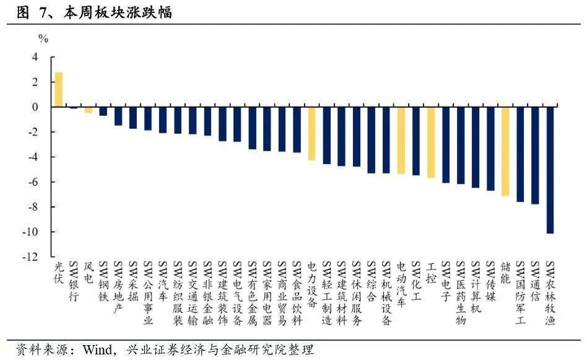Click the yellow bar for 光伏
59,90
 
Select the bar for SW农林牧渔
550,170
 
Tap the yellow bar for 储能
505,151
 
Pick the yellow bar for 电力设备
312,133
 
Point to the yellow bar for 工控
431,142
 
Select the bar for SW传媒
490,148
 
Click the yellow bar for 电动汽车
401,140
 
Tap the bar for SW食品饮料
297,130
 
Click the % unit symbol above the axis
43,38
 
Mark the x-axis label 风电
89,273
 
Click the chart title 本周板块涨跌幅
118,13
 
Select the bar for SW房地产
118,116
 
